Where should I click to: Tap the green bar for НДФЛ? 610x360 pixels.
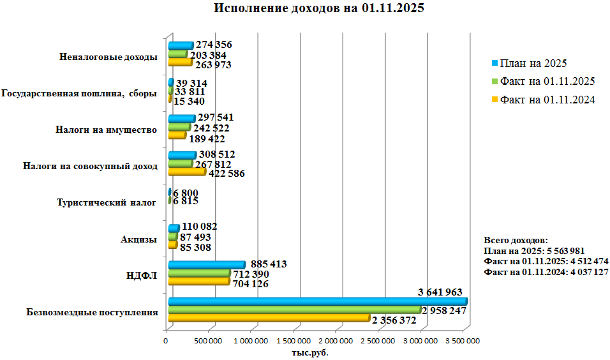(198, 274)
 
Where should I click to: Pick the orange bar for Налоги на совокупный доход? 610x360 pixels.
(187, 172)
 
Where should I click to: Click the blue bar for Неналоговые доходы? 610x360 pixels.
(180, 45)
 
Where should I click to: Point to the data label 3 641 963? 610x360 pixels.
(440, 292)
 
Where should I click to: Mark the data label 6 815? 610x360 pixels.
(186, 201)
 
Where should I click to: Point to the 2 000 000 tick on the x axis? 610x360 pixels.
(336, 341)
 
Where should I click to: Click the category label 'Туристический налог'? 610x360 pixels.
(107, 204)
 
